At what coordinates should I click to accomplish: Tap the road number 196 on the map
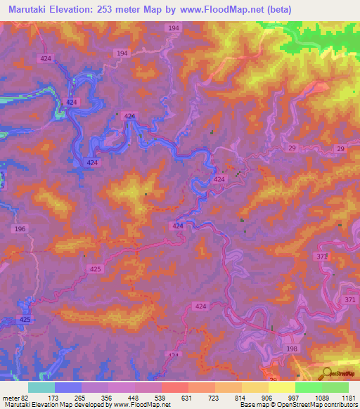20,229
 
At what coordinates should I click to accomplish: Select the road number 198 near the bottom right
291,349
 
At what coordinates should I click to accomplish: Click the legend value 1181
347,397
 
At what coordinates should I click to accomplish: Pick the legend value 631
186,397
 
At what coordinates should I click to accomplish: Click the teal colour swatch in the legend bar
41,387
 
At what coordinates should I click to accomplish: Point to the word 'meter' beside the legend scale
11,397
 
